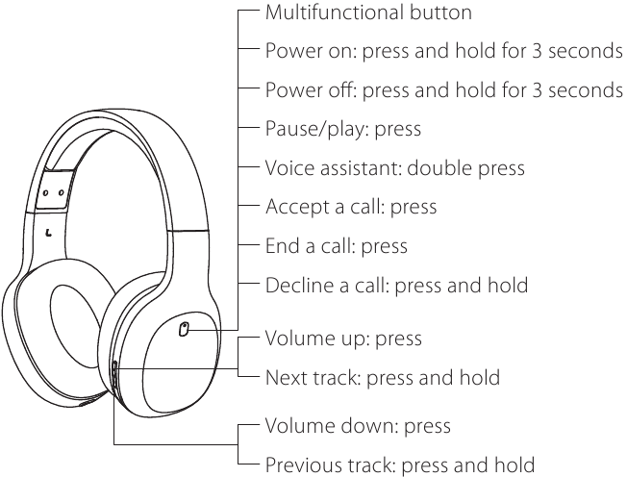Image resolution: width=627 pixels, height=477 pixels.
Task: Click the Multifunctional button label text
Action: [368, 13]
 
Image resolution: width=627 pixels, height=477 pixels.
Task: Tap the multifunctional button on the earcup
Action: [184, 329]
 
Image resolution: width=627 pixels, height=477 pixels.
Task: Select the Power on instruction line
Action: [444, 51]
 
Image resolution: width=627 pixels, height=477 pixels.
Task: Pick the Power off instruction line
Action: [444, 89]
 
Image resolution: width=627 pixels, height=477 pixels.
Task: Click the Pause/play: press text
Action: [343, 129]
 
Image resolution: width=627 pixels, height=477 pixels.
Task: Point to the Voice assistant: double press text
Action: [395, 168]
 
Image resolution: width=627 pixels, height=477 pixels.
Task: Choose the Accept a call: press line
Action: [351, 207]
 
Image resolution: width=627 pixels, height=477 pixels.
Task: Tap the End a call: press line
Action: [337, 245]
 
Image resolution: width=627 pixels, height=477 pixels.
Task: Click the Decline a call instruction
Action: [396, 285]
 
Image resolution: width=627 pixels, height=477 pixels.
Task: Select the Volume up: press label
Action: [343, 339]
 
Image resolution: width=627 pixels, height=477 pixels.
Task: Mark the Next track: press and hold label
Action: [383, 377]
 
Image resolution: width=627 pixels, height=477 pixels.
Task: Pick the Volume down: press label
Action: [358, 425]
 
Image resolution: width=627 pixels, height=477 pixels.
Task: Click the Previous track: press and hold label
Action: [400, 464]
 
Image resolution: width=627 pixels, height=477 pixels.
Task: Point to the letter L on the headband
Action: [49, 232]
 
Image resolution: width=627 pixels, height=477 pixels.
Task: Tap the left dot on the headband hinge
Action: [45, 193]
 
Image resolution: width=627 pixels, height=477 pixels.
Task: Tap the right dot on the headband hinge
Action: [61, 192]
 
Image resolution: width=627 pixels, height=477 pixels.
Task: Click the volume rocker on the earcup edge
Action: [114, 377]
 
